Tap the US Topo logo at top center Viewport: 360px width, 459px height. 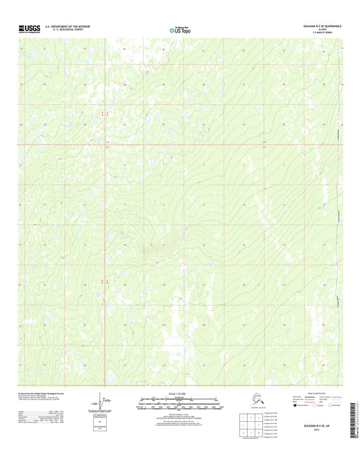click(180, 29)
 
